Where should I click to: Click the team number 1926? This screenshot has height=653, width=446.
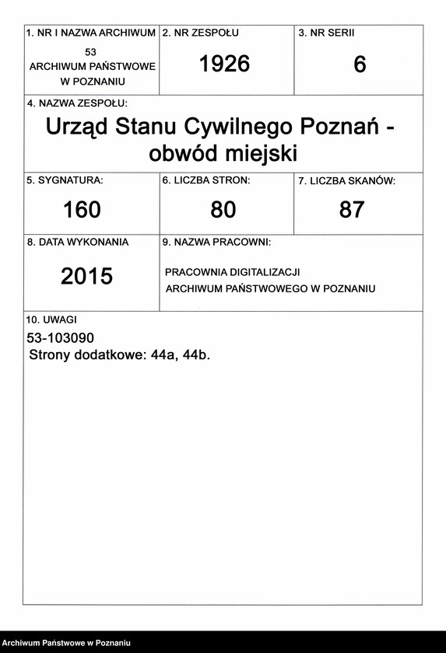coord(224,65)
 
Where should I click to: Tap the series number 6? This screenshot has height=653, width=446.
coord(360,65)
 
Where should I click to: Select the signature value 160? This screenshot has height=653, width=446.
coord(81,209)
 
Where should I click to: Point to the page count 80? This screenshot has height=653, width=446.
coord(223,209)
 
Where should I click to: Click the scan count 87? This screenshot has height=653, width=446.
coord(352,209)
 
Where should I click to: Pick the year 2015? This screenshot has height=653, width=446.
coord(86,276)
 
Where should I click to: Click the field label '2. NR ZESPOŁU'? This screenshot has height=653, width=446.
coord(200,33)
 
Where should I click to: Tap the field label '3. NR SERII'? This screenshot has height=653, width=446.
coord(326,33)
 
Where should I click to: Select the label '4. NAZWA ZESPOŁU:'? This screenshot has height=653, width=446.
coord(77,103)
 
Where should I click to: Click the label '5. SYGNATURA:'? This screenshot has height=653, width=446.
coord(65,180)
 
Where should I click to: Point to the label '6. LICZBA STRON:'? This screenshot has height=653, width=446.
coord(206,180)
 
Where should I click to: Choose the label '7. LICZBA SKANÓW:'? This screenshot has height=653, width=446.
coord(346,181)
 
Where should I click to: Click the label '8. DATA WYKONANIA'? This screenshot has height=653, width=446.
coord(78,242)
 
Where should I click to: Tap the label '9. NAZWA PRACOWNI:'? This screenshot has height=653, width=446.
coord(216,243)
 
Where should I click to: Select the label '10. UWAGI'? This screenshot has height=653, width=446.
coord(52,320)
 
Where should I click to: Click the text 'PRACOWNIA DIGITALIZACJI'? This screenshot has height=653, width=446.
coord(233,273)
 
